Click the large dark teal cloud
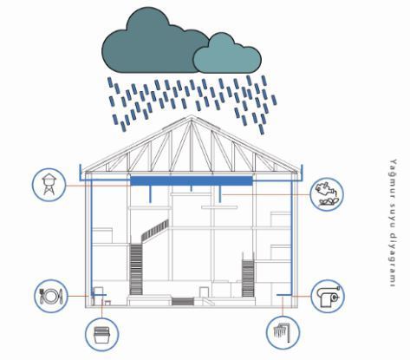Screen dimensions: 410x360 click(x=150, y=43)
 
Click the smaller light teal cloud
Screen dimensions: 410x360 click(x=227, y=55)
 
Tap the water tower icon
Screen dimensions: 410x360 click(x=49, y=185)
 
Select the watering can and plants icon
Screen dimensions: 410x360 click(x=327, y=193)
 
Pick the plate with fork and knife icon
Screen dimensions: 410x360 click(x=51, y=296)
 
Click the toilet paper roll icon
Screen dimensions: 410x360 click(x=328, y=297)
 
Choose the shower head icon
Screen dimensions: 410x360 click(x=283, y=332)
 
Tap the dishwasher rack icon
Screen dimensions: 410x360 click(x=101, y=335)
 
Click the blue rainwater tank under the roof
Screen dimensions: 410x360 click(x=192, y=180)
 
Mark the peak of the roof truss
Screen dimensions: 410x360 click(x=191, y=115)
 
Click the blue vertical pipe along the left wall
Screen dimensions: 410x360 click(x=92, y=237)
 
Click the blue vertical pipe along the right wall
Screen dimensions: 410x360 click(x=291, y=238)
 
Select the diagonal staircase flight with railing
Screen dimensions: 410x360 click(x=155, y=231)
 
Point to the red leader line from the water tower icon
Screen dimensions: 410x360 click(x=98, y=186)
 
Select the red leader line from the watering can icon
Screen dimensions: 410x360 click(x=266, y=194)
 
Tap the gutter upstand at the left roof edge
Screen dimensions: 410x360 click(x=81, y=172)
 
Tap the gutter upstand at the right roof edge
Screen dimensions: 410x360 click(x=303, y=173)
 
